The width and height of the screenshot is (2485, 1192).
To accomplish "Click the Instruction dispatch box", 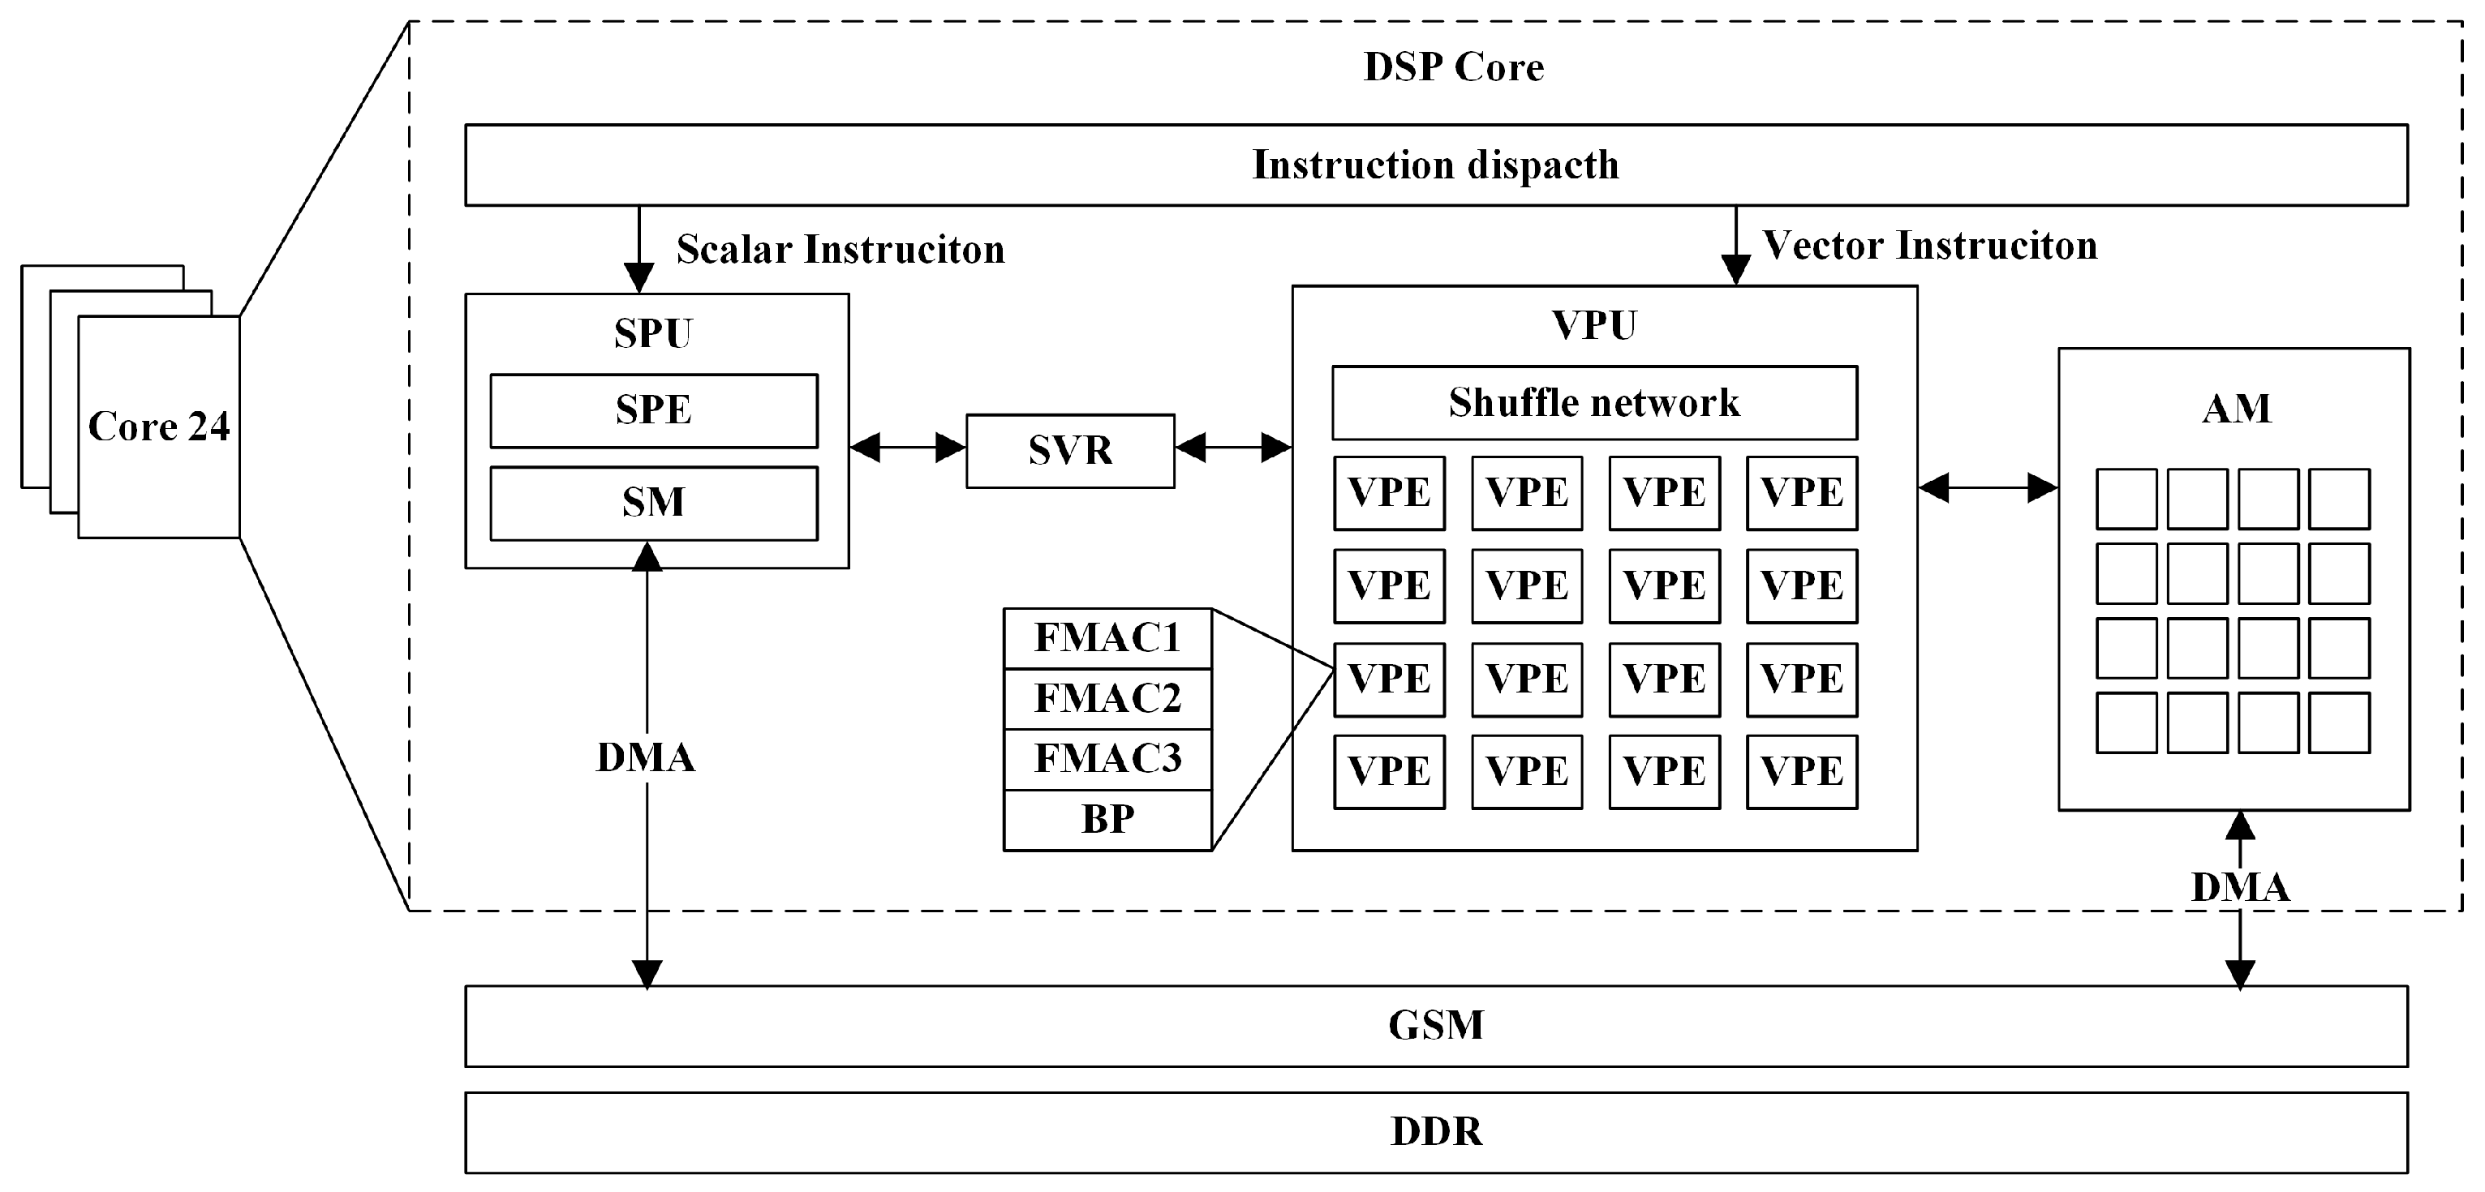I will [x=1435, y=165].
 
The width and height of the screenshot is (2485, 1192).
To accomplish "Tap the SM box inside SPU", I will [x=653, y=504].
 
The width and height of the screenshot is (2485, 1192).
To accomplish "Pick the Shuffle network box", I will [x=1593, y=403].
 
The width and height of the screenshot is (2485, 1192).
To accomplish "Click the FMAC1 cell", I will [x=1107, y=638].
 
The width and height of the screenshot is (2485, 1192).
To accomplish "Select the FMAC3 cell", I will [x=1107, y=759].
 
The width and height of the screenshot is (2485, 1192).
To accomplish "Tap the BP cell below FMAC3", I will [x=1107, y=820].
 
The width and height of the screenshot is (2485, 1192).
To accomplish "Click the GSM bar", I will [x=1435, y=1025].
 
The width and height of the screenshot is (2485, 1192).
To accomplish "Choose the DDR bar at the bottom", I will [x=1435, y=1131].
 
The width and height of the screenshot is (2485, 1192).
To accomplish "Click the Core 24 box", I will [x=158, y=427].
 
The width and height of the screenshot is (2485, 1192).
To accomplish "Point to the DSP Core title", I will [x=1453, y=67].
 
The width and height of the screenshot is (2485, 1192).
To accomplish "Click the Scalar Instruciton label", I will [x=839, y=250].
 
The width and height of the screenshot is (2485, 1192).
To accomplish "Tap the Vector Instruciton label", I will [x=1929, y=246].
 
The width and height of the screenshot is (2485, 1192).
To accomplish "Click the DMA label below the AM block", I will [x=2239, y=887].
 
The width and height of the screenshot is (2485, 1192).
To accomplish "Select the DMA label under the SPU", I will [x=645, y=758].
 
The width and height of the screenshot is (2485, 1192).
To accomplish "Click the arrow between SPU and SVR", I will [x=907, y=448].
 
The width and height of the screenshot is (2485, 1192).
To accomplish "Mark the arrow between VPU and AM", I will [x=1987, y=488].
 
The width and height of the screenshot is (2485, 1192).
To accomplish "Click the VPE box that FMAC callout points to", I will [x=1388, y=679].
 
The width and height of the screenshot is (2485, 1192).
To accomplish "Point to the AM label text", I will [x=2235, y=409].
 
